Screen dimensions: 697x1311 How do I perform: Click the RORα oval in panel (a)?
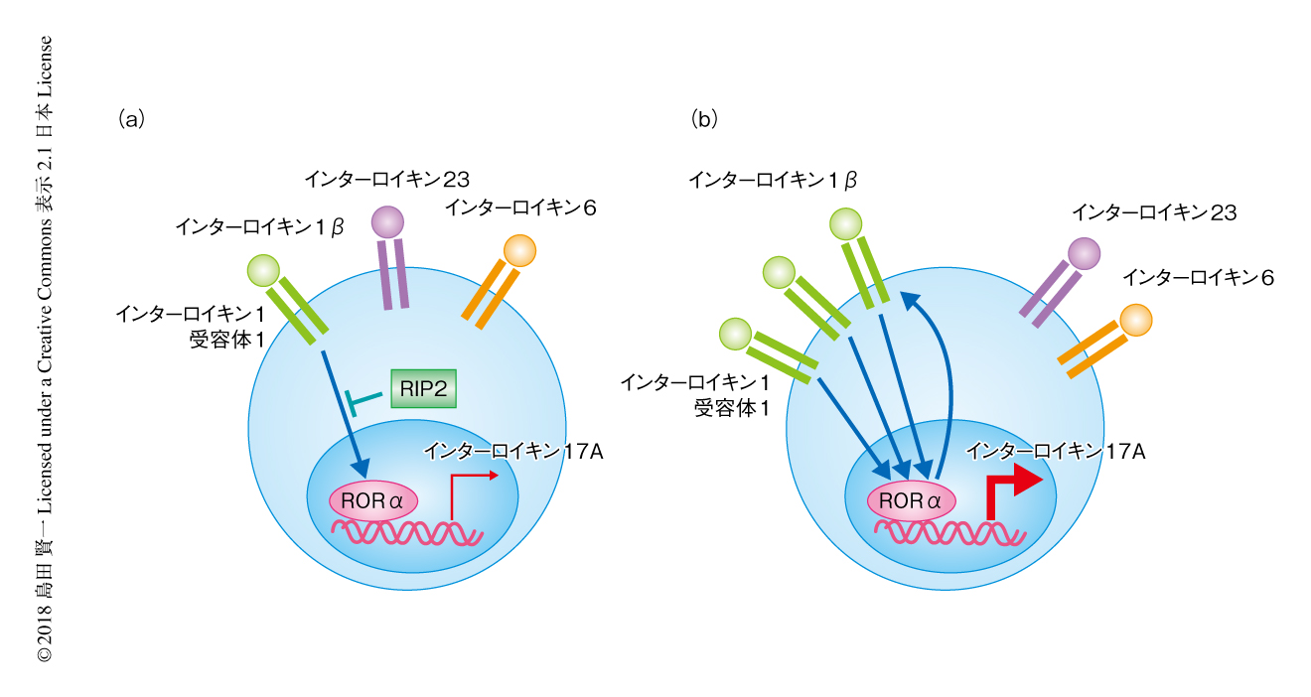tap(373, 500)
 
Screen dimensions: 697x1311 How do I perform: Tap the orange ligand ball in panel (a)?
tap(519, 249)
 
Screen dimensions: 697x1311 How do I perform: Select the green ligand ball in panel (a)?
tap(264, 269)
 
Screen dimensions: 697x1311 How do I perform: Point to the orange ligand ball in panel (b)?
tap(1136, 320)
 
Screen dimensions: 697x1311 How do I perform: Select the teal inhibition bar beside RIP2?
tap(363, 400)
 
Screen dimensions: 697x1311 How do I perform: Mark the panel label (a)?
tap(131, 119)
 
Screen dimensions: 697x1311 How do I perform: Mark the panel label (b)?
tap(704, 119)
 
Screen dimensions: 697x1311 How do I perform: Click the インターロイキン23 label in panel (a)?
tap(386, 179)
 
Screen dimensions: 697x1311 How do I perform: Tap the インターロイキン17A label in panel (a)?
tap(513, 452)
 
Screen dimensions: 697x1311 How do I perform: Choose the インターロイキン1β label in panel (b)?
tap(773, 179)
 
